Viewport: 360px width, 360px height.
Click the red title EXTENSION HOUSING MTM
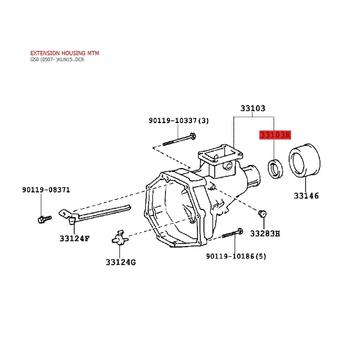click(x=65, y=53)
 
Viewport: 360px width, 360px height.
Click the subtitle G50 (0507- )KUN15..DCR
click(x=57, y=59)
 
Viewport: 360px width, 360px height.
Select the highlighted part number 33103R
click(x=275, y=135)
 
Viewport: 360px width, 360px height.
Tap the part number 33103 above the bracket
click(x=253, y=108)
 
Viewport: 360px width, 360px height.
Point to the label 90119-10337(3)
click(x=179, y=121)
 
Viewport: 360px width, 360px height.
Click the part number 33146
click(x=306, y=196)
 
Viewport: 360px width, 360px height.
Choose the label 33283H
click(x=265, y=234)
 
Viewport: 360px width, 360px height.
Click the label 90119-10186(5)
click(x=236, y=256)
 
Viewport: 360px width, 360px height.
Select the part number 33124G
click(x=121, y=262)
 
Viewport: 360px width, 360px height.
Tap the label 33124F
click(x=74, y=239)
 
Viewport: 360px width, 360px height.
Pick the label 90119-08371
click(x=46, y=190)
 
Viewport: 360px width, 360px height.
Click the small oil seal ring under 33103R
click(x=275, y=169)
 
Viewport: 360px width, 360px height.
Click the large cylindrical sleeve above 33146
click(x=304, y=160)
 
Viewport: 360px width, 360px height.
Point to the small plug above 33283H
click(x=262, y=214)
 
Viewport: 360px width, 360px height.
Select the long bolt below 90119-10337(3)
click(x=179, y=140)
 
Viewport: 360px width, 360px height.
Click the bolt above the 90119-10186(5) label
click(x=232, y=233)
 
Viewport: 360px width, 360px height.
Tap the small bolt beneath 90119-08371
click(x=44, y=219)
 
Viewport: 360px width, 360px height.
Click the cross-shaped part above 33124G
click(x=120, y=238)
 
